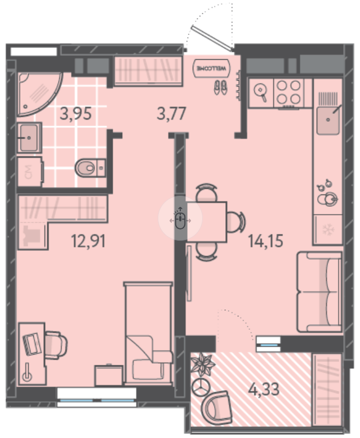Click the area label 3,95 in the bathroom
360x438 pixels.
pos(75,114)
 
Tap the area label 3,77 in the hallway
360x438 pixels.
pos(171,114)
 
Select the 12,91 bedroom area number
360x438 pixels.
pos(88,241)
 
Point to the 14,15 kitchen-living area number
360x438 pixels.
pos(266,241)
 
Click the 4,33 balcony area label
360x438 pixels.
pos(264,389)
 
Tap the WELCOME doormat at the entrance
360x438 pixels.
pos(212,68)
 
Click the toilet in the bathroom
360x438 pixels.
pos(90,167)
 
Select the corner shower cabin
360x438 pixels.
pos(38,94)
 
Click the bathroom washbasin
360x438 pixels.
pos(29,138)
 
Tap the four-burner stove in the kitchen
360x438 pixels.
pos(288,92)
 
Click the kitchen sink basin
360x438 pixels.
pos(328,120)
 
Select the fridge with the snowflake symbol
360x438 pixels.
pos(327,229)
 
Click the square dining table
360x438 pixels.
pos(207,222)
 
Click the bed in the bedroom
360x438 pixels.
pos(148,334)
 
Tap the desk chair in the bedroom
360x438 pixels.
pos(56,345)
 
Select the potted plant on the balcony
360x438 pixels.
pos(203,364)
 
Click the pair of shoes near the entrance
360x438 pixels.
pos(220,87)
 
